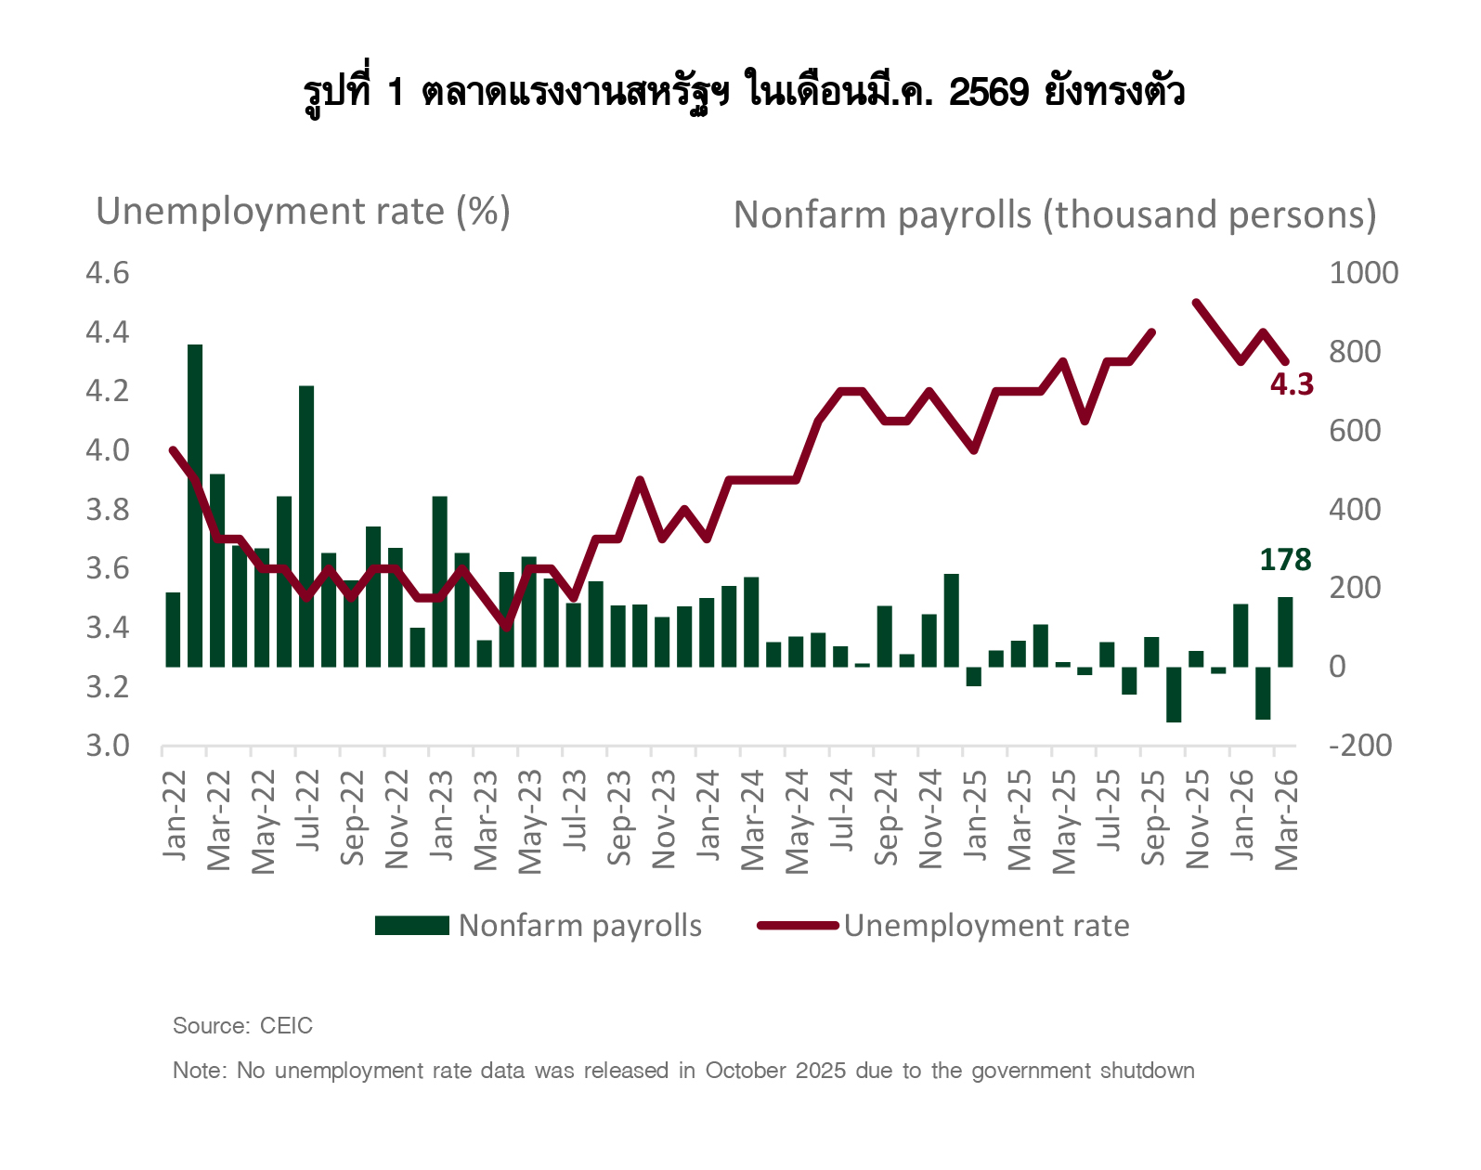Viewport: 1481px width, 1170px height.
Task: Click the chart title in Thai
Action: click(743, 93)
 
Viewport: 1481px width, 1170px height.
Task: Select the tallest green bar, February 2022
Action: click(195, 505)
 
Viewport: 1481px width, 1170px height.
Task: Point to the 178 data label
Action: click(1285, 560)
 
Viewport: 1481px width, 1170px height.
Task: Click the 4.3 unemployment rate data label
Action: click(1292, 384)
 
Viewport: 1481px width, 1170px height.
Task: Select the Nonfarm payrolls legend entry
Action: click(539, 926)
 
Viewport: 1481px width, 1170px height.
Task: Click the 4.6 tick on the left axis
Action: click(107, 273)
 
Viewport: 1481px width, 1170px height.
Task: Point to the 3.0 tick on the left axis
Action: click(107, 746)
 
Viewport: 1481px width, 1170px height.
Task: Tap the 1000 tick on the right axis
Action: click(1363, 273)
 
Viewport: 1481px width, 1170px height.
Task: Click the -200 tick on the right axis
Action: click(1360, 746)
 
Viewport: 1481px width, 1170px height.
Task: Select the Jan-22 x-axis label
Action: click(175, 815)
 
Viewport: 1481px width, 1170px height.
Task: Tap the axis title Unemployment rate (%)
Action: click(303, 212)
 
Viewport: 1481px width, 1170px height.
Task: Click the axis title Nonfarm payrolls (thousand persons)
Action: click(1054, 214)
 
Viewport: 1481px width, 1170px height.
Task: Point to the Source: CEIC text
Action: click(242, 1026)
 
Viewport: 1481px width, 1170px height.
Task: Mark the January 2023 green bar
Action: click(440, 581)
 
